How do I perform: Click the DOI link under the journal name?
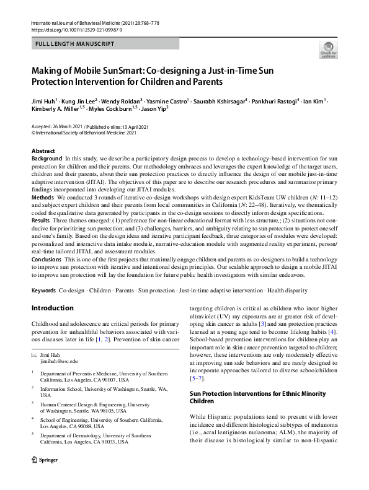pyautogui.click(x=73, y=29)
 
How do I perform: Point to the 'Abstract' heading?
pyautogui.click(x=43, y=151)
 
